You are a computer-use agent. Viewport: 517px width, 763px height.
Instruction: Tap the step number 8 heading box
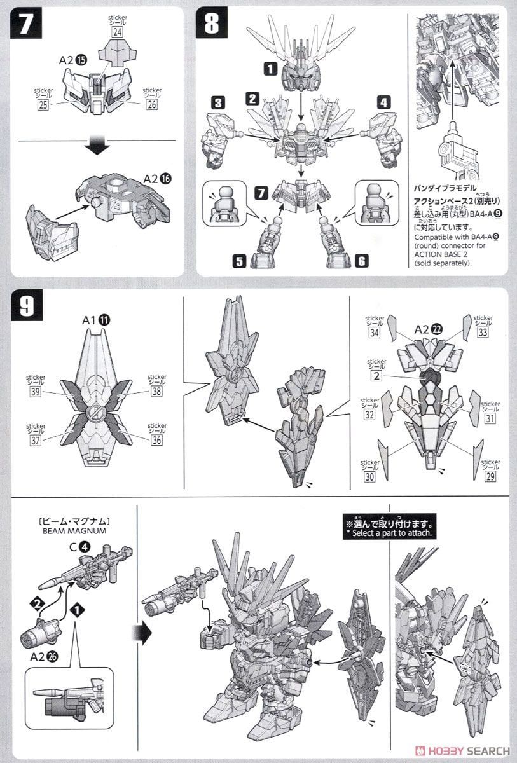tap(212, 25)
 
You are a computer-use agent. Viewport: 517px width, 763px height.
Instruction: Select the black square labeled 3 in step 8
tap(217, 102)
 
